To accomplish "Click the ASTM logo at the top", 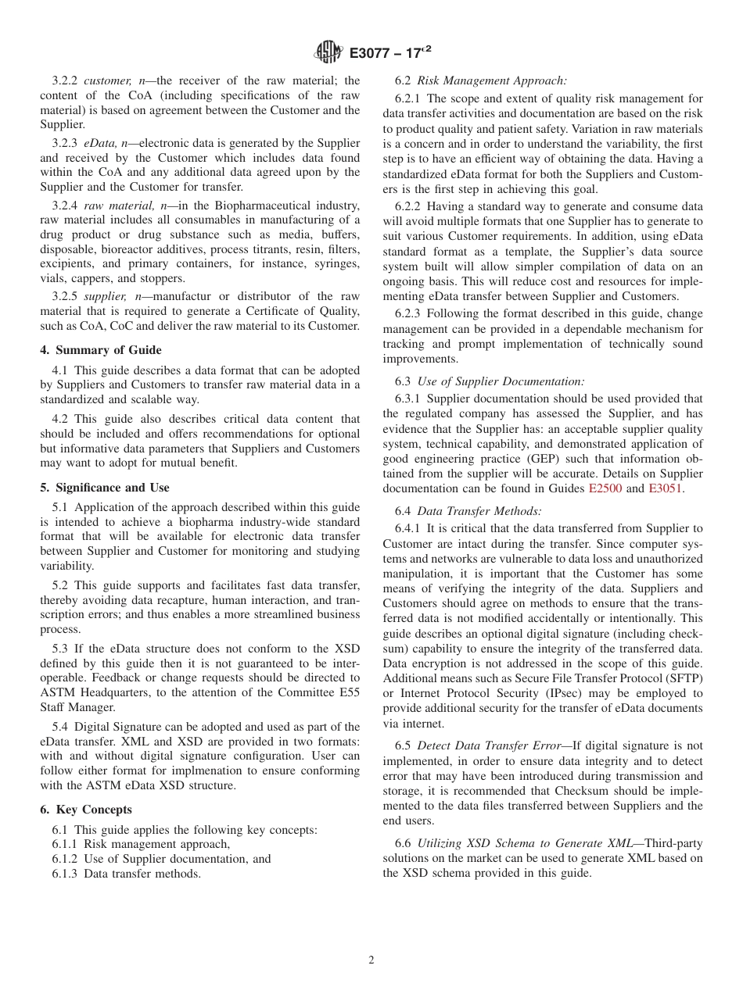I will [x=328, y=53].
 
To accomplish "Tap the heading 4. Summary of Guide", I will [x=101, y=350].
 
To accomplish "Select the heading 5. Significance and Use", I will [x=105, y=488].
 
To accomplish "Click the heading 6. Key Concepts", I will [x=86, y=810].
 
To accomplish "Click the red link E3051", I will [x=665, y=488].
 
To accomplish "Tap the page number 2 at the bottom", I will [x=371, y=960].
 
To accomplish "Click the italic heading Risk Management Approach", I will [x=492, y=80].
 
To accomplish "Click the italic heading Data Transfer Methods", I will [x=479, y=511].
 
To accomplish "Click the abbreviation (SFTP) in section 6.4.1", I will [x=684, y=678].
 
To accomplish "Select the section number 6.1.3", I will [x=66, y=874].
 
